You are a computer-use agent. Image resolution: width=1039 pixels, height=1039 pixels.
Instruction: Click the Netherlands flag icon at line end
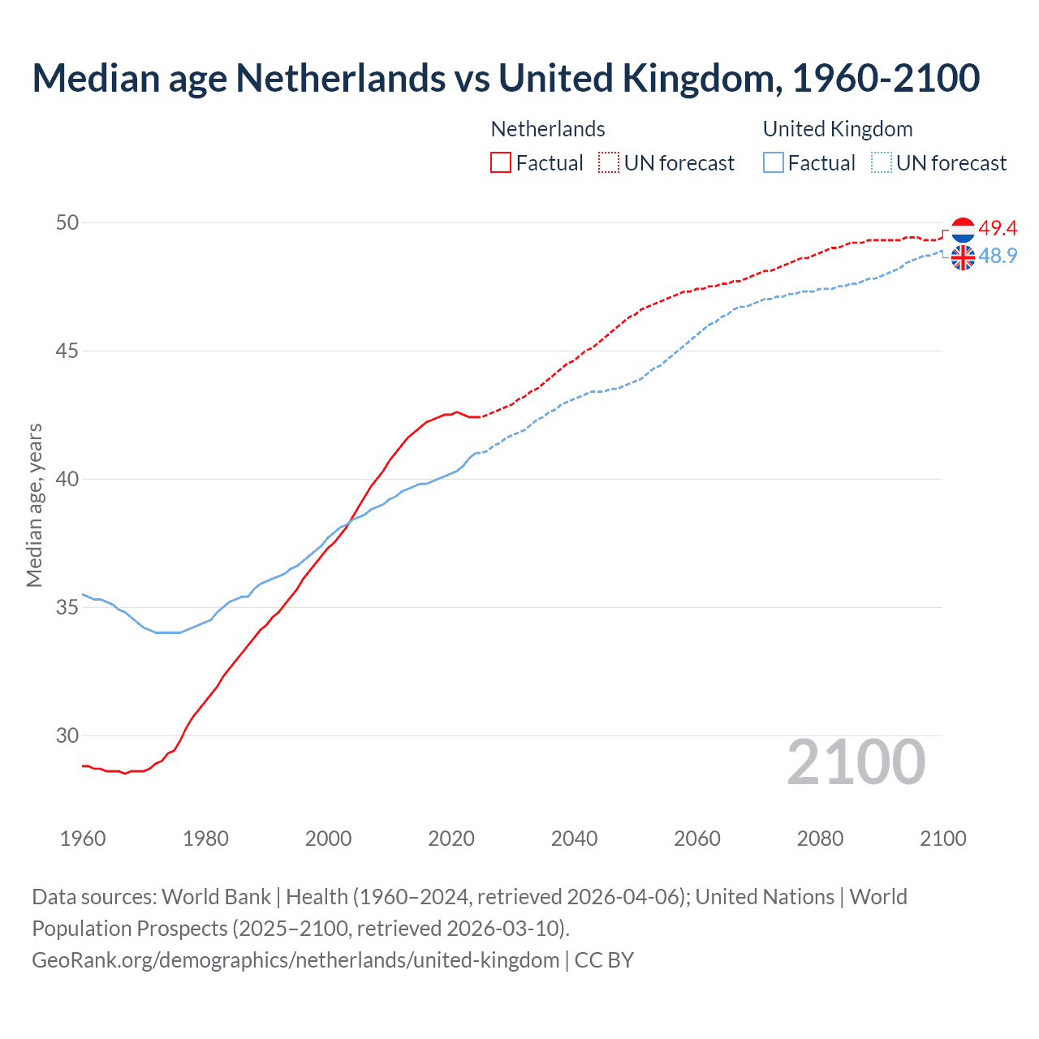tap(963, 230)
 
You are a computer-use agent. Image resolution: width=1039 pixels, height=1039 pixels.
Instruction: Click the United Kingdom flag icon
tap(963, 257)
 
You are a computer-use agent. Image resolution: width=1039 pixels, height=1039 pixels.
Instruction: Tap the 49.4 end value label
tap(998, 228)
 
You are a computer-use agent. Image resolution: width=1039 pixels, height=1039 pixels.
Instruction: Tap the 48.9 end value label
tap(998, 256)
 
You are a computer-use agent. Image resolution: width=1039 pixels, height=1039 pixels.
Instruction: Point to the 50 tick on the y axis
tap(67, 222)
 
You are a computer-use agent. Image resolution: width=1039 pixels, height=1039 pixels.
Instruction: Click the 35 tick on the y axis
tap(67, 607)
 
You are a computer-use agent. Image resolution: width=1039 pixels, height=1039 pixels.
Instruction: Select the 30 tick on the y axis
tap(67, 735)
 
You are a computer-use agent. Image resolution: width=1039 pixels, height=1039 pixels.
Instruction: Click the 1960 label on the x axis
tap(83, 839)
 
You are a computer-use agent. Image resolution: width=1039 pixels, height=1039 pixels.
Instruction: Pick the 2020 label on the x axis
tap(451, 839)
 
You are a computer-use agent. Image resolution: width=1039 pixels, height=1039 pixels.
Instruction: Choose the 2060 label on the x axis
tap(697, 839)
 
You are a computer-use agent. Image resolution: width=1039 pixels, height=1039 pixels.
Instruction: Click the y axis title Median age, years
tap(34, 505)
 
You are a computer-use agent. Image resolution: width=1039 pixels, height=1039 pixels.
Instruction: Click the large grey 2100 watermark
tap(856, 762)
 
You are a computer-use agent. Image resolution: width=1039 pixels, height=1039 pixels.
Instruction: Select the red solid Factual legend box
tap(501, 162)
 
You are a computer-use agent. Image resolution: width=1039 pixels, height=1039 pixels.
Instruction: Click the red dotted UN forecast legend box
tap(609, 162)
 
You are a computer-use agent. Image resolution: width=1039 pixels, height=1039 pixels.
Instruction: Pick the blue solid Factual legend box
tap(774, 162)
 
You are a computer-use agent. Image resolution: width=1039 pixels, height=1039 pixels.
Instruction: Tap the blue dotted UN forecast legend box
tap(881, 162)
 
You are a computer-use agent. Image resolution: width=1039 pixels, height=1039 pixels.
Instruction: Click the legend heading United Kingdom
tap(838, 129)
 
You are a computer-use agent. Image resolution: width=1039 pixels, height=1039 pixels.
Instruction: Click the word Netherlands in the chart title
tap(341, 78)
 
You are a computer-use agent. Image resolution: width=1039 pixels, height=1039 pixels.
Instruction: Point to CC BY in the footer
tap(604, 960)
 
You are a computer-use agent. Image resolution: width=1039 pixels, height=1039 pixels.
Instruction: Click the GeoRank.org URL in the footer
tap(295, 960)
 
